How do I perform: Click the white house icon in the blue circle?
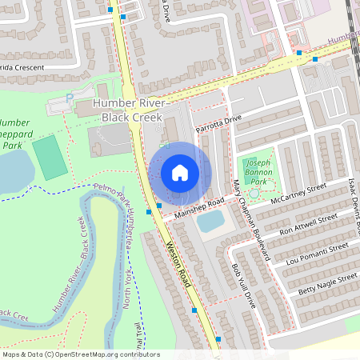point(180,172)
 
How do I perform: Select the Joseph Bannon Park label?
point(258,168)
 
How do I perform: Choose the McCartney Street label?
point(301,194)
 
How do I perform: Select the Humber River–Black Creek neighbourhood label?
point(129,111)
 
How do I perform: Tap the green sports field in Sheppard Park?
point(50,158)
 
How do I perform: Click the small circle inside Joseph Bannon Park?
point(254,193)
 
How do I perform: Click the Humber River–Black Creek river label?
point(70,276)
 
